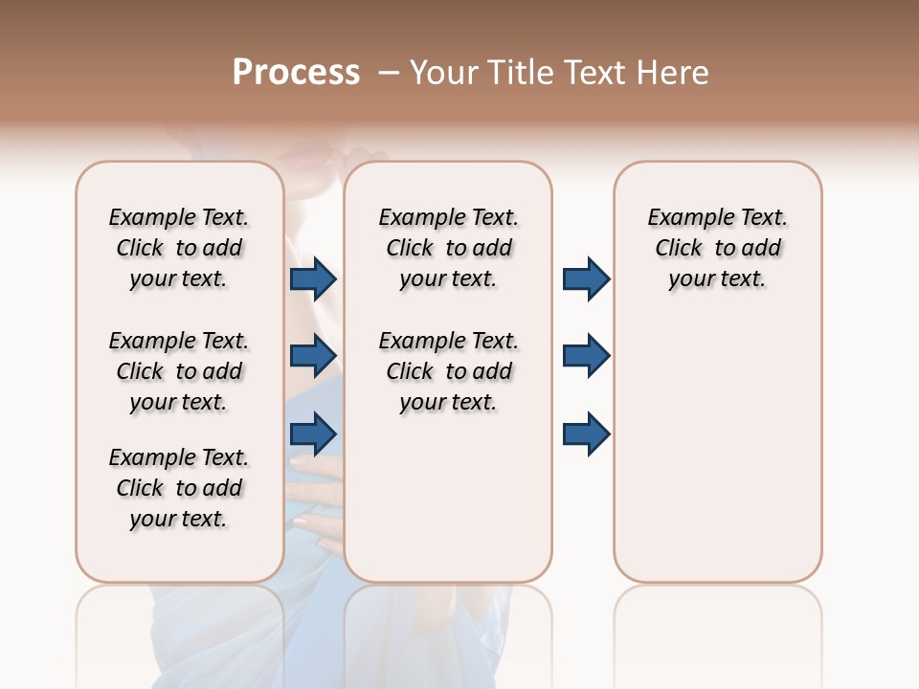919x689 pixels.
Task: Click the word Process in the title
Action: pos(296,73)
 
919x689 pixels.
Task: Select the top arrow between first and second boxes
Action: pos(313,279)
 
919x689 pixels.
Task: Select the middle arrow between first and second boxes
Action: pos(313,356)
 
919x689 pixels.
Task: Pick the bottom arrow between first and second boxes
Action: pos(313,433)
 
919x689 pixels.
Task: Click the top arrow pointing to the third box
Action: pos(586,279)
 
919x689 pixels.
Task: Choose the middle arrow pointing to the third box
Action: pos(586,356)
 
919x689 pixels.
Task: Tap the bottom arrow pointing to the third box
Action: pos(586,433)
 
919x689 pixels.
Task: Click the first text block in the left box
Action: pos(179,248)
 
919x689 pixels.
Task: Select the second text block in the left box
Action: pos(179,371)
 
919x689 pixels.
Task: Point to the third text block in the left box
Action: pos(179,488)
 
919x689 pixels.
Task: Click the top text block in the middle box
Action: pos(448,248)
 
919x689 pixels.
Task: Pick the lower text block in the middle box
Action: pos(448,371)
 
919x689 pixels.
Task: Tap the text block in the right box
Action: pos(717,248)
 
